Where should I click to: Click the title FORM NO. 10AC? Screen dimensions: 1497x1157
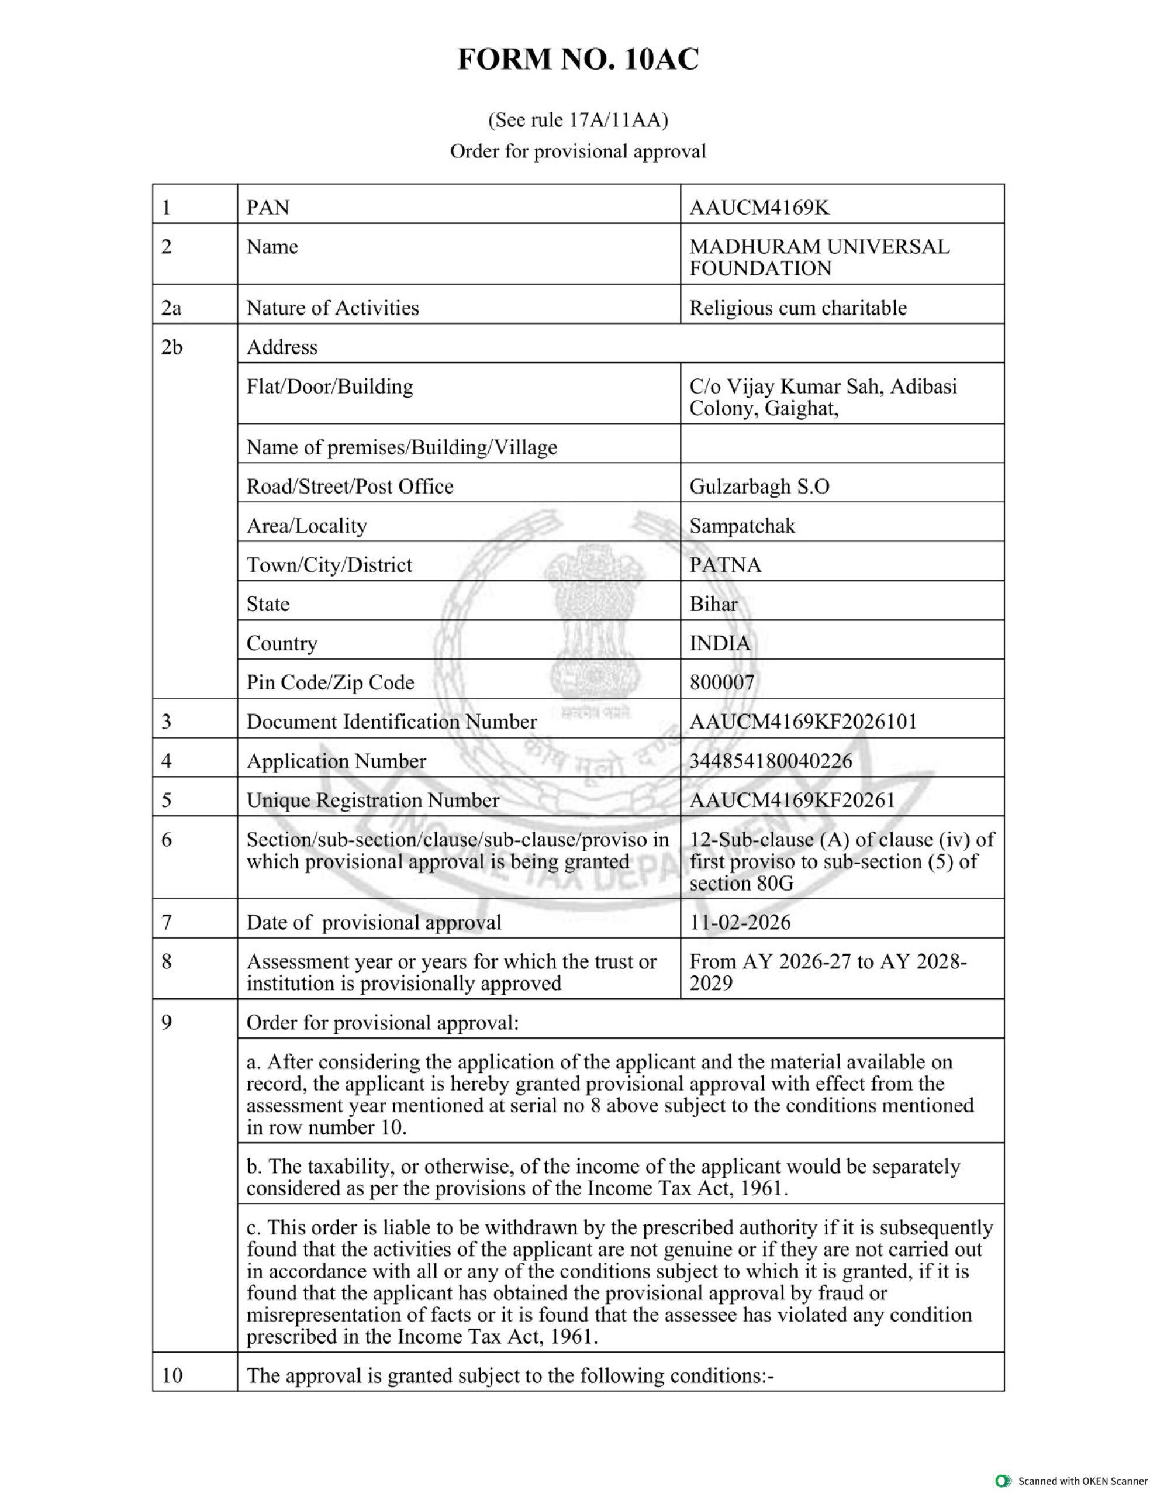(x=578, y=60)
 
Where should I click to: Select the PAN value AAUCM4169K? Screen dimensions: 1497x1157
(x=759, y=208)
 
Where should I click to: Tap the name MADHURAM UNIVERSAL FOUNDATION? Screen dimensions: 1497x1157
(x=819, y=257)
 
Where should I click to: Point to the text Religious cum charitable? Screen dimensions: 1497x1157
(x=798, y=308)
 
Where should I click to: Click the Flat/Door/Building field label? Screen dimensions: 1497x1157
(x=330, y=387)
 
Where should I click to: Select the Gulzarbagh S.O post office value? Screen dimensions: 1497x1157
(x=759, y=487)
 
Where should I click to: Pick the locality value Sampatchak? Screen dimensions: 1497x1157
(x=742, y=526)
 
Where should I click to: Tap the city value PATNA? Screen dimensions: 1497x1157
(x=725, y=565)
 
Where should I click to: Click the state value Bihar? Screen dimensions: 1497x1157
(x=713, y=604)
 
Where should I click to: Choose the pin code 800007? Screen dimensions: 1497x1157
(x=722, y=682)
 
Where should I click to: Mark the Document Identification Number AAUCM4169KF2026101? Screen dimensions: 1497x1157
(x=803, y=722)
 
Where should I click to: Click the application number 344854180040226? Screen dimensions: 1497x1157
(x=771, y=761)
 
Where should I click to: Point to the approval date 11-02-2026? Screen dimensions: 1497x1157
(x=740, y=922)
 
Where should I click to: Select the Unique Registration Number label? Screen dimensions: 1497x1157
(x=373, y=801)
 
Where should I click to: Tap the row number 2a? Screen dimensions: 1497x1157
(x=171, y=308)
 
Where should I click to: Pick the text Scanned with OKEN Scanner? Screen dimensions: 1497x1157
(x=1083, y=1481)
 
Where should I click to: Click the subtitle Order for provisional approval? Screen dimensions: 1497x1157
(x=578, y=151)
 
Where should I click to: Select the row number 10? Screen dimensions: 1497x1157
(x=172, y=1376)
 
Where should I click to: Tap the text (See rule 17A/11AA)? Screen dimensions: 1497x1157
(x=578, y=120)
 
